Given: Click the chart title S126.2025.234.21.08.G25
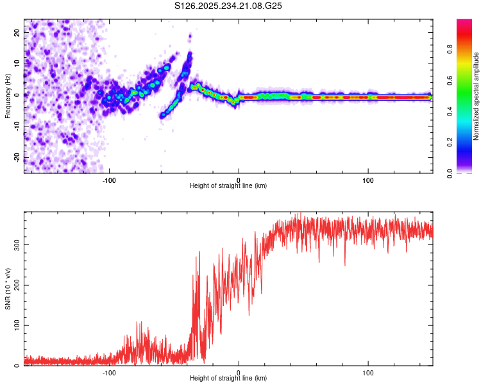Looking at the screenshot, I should coord(229,6).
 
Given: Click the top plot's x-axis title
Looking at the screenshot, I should coord(228,186).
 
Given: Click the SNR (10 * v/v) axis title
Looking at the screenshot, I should coord(8,290).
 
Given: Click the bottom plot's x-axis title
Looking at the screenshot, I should coord(228,379).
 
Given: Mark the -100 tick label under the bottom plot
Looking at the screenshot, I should coord(109,372).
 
